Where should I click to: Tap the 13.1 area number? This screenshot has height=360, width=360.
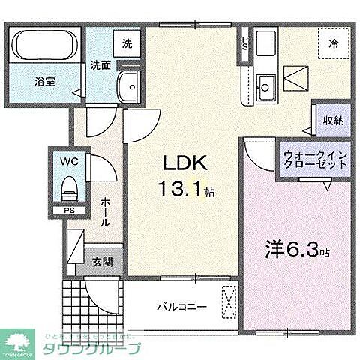(185, 190)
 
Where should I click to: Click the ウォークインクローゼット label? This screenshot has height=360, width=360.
(314, 163)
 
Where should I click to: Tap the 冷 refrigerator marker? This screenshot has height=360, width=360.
(334, 43)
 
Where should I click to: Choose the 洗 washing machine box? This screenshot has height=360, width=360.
(127, 43)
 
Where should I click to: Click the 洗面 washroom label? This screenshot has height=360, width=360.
(102, 64)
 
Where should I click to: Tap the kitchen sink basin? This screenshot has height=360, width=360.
(265, 82)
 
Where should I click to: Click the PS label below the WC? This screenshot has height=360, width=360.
(68, 211)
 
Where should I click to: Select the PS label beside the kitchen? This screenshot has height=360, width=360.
(244, 41)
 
